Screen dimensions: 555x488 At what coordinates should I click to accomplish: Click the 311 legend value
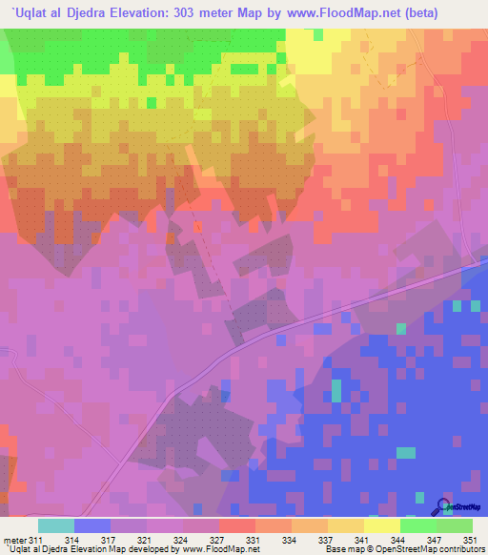(x=37, y=540)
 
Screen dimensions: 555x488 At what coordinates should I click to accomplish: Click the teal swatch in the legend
(x=55, y=525)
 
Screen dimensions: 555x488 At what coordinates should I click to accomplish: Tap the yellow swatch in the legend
(x=382, y=525)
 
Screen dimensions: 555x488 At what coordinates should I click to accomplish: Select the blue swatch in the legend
(x=91, y=525)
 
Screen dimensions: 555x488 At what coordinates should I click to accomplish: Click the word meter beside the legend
(x=13, y=540)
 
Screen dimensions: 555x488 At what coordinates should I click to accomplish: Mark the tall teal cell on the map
(x=335, y=389)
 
